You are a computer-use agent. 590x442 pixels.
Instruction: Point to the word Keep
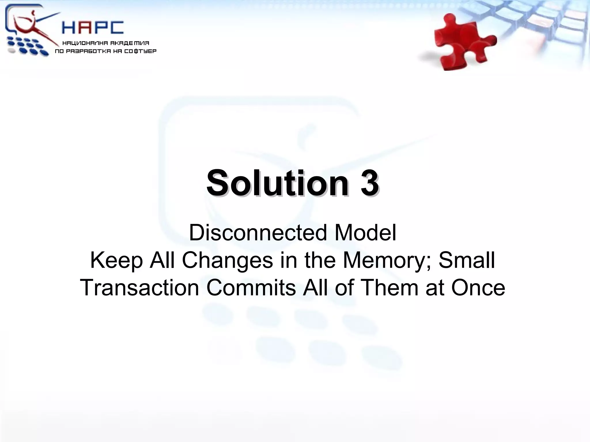(x=116, y=261)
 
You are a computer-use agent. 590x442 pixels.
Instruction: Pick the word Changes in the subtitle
(x=227, y=261)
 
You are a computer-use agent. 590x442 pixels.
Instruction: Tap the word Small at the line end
(x=467, y=260)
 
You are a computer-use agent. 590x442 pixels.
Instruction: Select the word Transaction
(x=139, y=288)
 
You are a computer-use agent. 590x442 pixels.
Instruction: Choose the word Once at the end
(x=478, y=288)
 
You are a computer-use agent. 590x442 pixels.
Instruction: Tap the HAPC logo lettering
(x=93, y=28)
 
